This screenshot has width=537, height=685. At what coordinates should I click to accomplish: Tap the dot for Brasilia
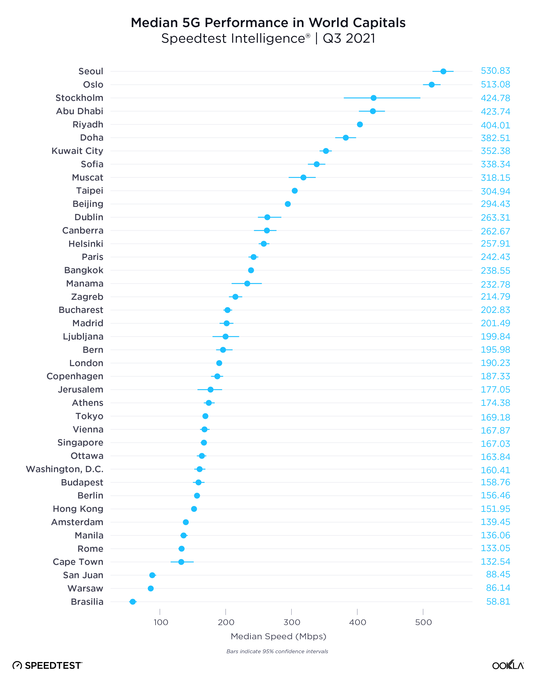tap(133, 602)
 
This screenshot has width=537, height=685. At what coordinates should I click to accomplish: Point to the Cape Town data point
tap(181, 562)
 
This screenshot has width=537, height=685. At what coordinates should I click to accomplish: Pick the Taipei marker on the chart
tap(295, 191)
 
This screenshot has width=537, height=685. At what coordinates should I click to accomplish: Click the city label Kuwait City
tap(77, 151)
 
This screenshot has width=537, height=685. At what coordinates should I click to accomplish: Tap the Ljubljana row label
tap(83, 336)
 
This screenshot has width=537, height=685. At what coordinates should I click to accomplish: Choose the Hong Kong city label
tap(78, 509)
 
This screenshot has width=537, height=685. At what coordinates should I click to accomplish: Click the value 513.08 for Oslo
tap(495, 85)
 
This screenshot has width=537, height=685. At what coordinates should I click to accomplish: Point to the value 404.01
tap(495, 125)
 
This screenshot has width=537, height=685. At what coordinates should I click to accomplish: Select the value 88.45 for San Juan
tap(498, 574)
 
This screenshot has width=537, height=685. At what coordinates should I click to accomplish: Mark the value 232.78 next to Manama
tap(495, 284)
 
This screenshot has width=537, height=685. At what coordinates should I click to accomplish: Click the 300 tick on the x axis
tap(292, 622)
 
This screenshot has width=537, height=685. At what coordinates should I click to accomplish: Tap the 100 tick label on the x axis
tap(161, 622)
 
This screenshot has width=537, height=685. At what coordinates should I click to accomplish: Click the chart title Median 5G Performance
tap(268, 23)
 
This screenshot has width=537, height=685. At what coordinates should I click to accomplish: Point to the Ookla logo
tap(508, 665)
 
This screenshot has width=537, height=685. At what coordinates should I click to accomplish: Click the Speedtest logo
tap(47, 665)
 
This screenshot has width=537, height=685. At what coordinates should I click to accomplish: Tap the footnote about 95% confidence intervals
tap(277, 651)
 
